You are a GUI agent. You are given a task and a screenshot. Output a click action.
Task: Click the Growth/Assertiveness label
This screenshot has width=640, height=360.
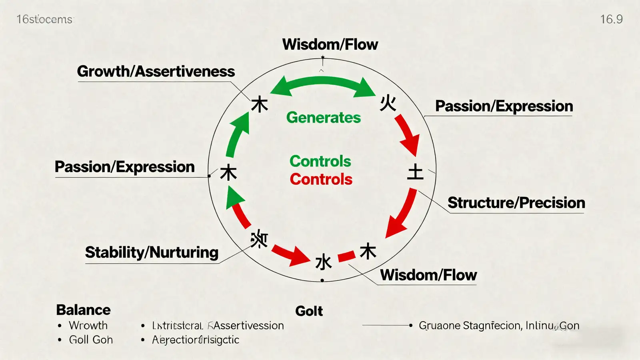tap(156, 72)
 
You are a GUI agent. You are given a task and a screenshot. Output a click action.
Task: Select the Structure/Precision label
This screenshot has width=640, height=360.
tap(516, 203)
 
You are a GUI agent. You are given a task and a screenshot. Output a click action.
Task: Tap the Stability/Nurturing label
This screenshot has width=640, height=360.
tap(152, 252)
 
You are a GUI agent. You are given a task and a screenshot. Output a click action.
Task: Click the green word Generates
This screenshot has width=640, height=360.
tap(323, 118)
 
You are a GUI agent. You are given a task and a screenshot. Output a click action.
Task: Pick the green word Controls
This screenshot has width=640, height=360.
tap(320, 161)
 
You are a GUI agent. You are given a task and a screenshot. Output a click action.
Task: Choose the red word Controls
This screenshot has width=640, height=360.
tap(321, 179)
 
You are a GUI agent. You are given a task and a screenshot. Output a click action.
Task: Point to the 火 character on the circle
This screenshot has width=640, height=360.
tap(388, 103)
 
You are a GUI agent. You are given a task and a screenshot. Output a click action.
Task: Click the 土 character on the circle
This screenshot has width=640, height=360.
tap(415, 172)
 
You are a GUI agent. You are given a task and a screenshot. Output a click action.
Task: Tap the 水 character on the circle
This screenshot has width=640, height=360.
tap(323, 262)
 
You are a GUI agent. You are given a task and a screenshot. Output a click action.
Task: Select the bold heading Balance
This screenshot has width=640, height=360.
tap(83, 310)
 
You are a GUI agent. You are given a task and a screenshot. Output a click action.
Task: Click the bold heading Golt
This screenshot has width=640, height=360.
tap(309, 311)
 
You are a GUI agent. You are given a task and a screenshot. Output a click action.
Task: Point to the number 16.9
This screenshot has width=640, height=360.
tap(611, 19)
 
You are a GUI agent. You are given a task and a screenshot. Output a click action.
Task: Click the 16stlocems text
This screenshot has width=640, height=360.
tap(44, 19)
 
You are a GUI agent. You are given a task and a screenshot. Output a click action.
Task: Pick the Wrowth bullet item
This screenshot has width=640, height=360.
tap(88, 326)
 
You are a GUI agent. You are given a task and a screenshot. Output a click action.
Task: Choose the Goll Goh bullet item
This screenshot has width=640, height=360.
tap(91, 340)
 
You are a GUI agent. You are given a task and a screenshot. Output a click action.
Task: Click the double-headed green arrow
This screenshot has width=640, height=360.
tap(323, 85)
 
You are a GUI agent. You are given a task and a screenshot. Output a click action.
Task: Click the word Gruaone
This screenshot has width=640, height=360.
tap(440, 326)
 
